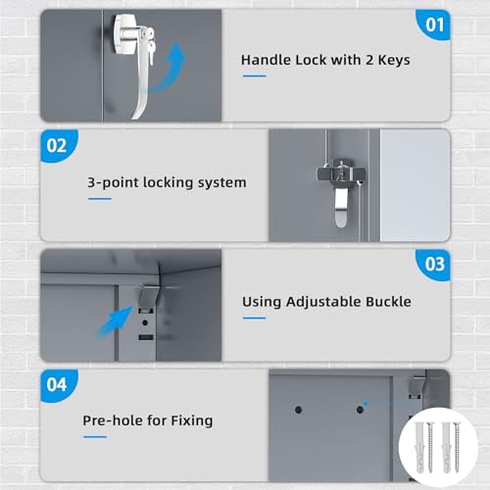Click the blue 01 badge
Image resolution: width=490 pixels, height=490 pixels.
pyautogui.click(x=434, y=24)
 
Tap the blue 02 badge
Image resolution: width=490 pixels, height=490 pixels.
pyautogui.click(x=58, y=145)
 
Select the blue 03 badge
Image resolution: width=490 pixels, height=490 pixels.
pyautogui.click(x=434, y=265)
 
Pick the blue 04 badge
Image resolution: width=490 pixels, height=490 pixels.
pyautogui.click(x=58, y=385)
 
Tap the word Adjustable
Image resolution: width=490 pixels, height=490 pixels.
pyautogui.click(x=323, y=302)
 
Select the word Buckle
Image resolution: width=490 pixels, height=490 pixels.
pyautogui.click(x=388, y=302)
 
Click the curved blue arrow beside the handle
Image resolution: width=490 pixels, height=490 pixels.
pyautogui.click(x=170, y=71)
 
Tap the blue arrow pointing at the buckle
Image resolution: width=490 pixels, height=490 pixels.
pyautogui.click(x=115, y=321)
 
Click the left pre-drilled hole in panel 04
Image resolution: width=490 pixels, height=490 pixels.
pyautogui.click(x=298, y=410)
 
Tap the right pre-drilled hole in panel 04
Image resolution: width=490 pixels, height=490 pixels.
pyautogui.click(x=360, y=410)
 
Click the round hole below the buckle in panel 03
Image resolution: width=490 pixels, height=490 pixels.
pyautogui.click(x=145, y=322)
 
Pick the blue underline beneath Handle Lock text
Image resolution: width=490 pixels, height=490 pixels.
pyautogui.click(x=255, y=76)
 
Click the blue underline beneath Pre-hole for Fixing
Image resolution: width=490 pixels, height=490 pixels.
pyautogui.click(x=95, y=437)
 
